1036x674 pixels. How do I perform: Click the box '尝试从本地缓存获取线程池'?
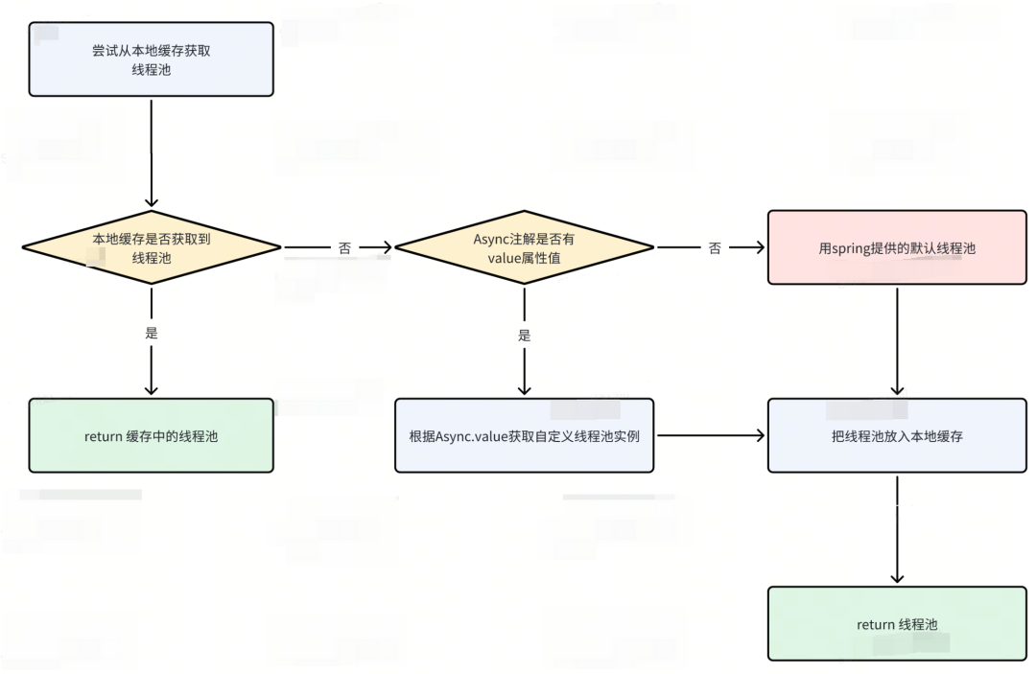pyautogui.click(x=152, y=59)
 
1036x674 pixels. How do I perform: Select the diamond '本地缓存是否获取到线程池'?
pyautogui.click(x=152, y=247)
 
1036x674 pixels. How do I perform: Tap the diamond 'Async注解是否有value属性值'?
pyautogui.click(x=524, y=247)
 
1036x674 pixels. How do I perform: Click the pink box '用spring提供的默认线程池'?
pyautogui.click(x=897, y=247)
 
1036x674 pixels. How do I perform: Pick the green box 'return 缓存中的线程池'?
pyautogui.click(x=152, y=435)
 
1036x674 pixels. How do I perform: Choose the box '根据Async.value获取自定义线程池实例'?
pyautogui.click(x=524, y=435)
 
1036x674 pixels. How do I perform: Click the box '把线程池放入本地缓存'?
pyautogui.click(x=897, y=435)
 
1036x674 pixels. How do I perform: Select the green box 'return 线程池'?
pyautogui.click(x=897, y=624)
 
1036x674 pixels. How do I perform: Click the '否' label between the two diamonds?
pyautogui.click(x=344, y=248)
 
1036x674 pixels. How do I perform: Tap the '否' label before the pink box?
pyautogui.click(x=715, y=248)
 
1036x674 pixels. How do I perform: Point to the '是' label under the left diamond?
pyautogui.click(x=152, y=333)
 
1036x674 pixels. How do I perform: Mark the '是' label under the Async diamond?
pyautogui.click(x=524, y=336)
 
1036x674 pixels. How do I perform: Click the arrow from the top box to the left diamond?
pyautogui.click(x=152, y=153)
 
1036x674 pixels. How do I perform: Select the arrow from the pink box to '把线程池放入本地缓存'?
pyautogui.click(x=897, y=341)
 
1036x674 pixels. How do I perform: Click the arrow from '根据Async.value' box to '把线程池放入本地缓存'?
pyautogui.click(x=711, y=435)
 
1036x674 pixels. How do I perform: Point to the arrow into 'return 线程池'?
pyautogui.click(x=897, y=530)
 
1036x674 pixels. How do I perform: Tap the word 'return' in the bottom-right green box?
pyautogui.click(x=876, y=624)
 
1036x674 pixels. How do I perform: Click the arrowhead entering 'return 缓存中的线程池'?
pyautogui.click(x=152, y=389)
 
